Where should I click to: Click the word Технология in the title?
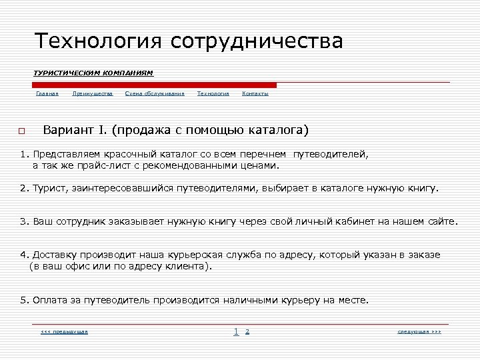coord(99,41)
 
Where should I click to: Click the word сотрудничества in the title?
coord(257,41)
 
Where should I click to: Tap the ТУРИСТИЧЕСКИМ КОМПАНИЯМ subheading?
coord(93,72)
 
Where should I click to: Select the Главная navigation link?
coord(47,94)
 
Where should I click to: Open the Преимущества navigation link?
coord(93,94)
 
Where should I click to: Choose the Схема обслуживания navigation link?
coord(155,94)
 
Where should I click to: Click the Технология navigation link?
coord(213,94)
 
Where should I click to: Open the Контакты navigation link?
coord(255,94)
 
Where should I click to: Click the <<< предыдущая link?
coord(65,331)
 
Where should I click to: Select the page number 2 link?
coord(247,331)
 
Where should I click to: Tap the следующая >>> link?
coord(419,331)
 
